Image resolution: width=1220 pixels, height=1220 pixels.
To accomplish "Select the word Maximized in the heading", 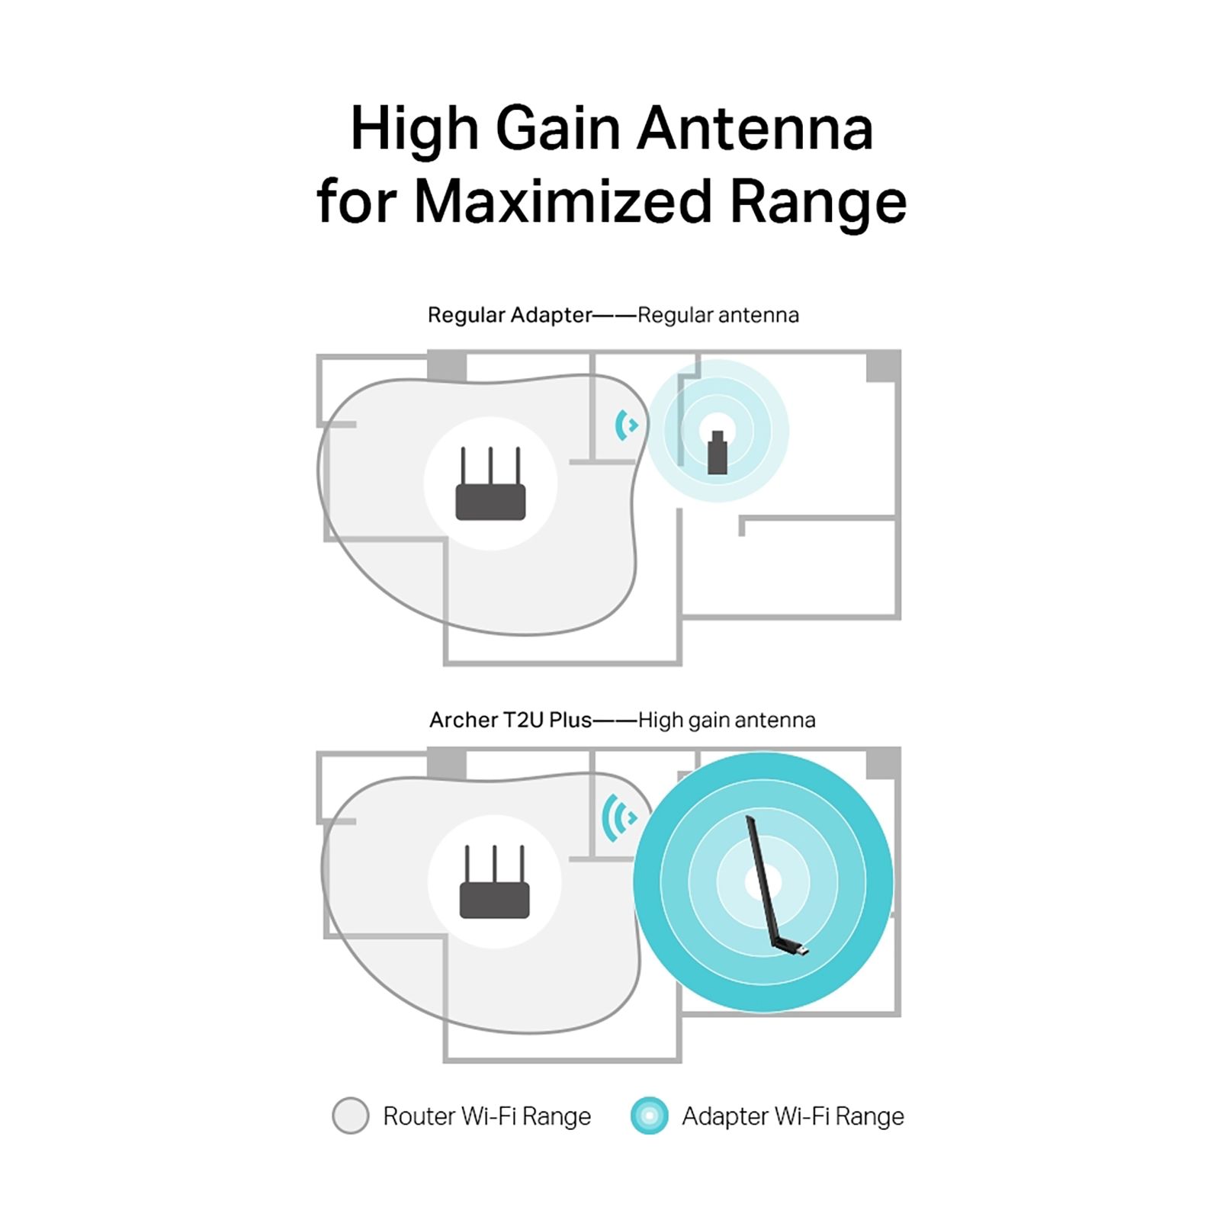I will coord(563,201).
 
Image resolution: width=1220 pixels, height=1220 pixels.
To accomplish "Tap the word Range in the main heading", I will coord(818,201).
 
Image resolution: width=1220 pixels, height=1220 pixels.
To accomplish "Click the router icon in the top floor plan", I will coord(490,485).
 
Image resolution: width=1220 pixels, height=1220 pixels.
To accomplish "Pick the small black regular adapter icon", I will coord(717,453).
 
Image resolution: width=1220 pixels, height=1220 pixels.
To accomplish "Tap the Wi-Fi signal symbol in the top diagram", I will coord(626,425).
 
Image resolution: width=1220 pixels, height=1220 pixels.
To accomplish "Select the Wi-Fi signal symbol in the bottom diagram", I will coord(619,817).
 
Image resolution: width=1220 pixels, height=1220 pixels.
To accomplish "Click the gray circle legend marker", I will coord(351,1116).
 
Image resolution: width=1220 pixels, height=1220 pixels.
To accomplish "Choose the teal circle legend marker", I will coord(650,1116).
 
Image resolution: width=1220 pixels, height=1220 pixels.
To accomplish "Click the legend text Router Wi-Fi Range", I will coord(486,1116).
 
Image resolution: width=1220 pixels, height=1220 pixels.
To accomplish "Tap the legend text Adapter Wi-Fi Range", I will coord(793,1116).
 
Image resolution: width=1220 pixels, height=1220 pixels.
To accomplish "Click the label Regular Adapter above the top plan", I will coord(509,315).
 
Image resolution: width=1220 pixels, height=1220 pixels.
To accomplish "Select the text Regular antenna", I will coord(718,315).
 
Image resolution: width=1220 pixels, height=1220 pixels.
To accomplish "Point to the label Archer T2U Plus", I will coord(510,720).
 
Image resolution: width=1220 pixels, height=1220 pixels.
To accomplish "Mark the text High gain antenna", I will coord(727,720).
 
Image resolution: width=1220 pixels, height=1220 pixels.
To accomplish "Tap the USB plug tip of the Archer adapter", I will coord(802,950).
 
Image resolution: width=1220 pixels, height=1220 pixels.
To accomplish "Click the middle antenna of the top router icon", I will coord(490,465).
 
